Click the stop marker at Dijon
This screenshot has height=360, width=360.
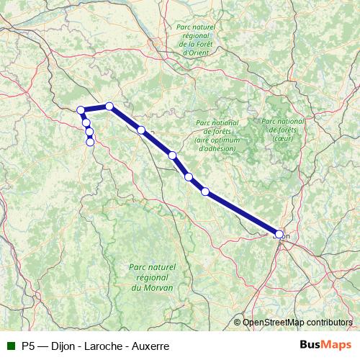tap(279, 233)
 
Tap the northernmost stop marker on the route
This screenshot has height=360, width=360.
tap(109, 106)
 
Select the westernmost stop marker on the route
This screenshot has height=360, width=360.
tap(81, 110)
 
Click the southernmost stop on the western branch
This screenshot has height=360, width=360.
tap(90, 142)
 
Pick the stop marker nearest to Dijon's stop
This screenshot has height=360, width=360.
tap(205, 192)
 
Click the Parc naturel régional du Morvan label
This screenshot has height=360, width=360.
tap(152, 276)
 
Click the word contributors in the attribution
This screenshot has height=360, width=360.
tap(328, 323)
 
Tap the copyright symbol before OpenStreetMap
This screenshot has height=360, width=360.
tap(238, 323)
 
